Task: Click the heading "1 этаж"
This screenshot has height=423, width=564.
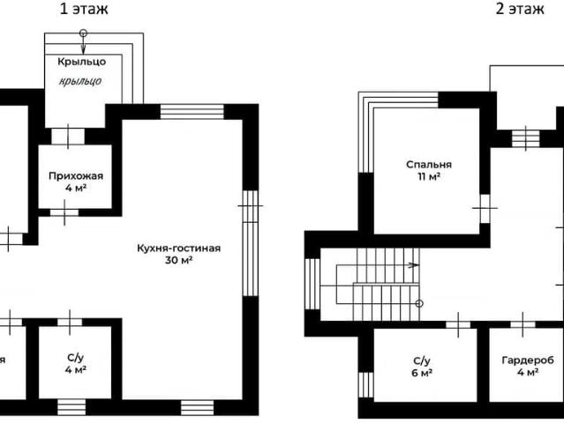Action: point(84,8)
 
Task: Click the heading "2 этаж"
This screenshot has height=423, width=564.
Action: point(520,8)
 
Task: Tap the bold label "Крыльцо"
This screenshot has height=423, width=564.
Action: point(82,62)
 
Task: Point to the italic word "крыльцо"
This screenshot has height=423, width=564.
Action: point(80,81)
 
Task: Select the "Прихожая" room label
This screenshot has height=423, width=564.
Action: point(76,176)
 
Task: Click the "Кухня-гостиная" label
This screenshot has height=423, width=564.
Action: point(179,249)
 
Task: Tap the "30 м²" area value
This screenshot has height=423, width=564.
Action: point(179,260)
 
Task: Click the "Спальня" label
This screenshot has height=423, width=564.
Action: point(429,165)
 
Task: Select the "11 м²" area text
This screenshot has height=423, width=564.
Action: point(429,176)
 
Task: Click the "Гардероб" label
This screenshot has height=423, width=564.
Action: point(528,360)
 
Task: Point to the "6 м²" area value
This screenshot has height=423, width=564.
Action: point(422,373)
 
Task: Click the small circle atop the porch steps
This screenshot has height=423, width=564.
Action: point(83,33)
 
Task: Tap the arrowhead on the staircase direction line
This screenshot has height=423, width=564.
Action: point(415,265)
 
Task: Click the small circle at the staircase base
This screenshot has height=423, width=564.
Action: point(419,303)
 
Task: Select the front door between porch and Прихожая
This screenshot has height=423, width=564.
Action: point(68,137)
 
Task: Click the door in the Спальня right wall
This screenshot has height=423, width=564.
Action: point(485,208)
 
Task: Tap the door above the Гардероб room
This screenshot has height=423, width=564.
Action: point(523,324)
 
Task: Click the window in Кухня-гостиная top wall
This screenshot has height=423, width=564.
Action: point(192,111)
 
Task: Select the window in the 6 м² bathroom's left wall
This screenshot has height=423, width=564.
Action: point(365,385)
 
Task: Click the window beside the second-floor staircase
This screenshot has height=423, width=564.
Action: point(312,284)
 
